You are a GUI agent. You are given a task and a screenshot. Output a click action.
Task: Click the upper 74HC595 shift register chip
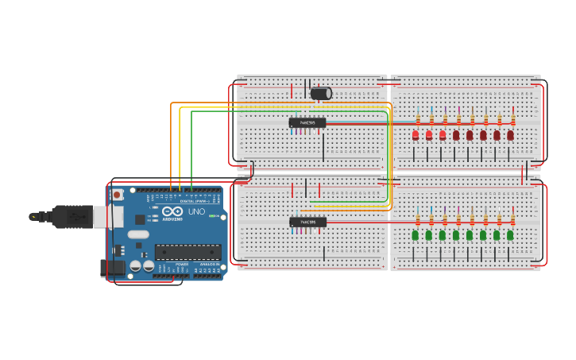point(307,123)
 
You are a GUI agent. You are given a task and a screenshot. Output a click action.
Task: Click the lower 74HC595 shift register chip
point(307,223)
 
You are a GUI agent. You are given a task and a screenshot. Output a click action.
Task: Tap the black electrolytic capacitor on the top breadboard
point(321,94)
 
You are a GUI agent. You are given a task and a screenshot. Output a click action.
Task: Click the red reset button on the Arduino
point(118,195)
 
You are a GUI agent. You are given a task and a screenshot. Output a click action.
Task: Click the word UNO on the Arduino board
point(196,212)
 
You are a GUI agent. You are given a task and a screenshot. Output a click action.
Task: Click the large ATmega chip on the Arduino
point(187,252)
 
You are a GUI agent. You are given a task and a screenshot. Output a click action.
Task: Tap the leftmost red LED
point(416,136)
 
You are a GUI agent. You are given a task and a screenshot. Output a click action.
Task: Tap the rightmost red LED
point(510,136)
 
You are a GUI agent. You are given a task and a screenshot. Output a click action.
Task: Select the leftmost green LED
point(415,235)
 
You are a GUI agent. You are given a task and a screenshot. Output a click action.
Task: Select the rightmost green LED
point(510,235)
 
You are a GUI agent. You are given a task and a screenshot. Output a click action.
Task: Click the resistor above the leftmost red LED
point(418,119)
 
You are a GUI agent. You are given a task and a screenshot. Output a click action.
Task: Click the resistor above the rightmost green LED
point(512,219)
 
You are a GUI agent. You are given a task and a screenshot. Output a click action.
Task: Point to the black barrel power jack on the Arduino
point(113,268)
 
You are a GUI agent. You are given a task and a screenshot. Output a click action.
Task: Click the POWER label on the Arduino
point(182,264)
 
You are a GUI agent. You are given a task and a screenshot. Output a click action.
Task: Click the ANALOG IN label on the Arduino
point(210,264)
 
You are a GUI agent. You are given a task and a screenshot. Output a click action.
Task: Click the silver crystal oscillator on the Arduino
point(138,234)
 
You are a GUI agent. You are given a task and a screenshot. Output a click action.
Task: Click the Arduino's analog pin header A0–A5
point(209,276)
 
